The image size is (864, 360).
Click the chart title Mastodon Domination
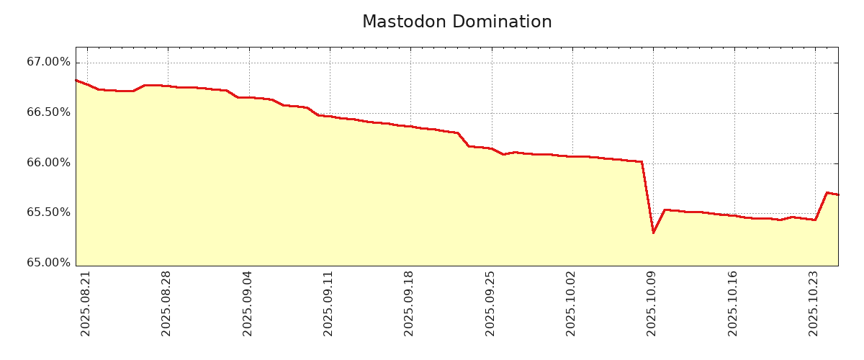pos(456,22)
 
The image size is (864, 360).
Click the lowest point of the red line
pos(653,233)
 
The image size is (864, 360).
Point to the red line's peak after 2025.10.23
pos(827,192)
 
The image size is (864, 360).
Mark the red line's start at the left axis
pos(76,80)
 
